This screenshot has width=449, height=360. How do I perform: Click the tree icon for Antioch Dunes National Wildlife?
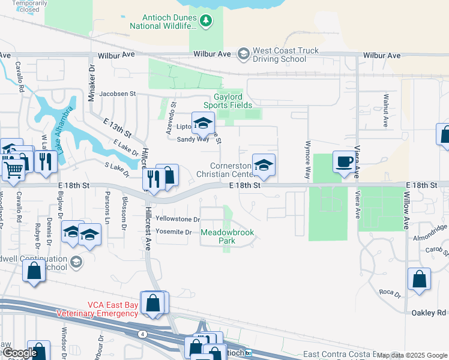click(206, 21)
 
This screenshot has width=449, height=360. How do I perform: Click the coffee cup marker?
click(343, 163)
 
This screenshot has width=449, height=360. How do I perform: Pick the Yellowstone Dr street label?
click(177, 219)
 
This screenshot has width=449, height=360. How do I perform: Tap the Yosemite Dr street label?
click(173, 232)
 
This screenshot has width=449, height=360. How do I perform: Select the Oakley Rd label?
click(429, 313)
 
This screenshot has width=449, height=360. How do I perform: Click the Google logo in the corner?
click(19, 353)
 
